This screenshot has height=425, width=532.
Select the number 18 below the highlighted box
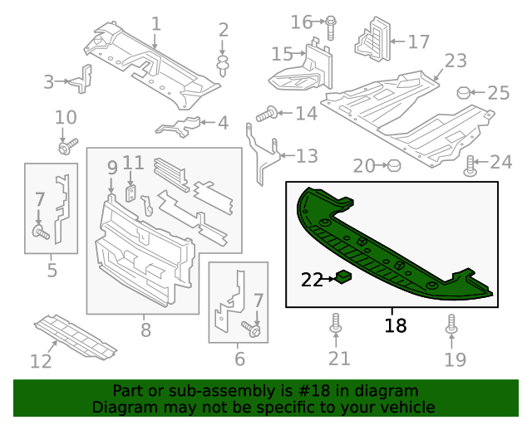tap(396, 325)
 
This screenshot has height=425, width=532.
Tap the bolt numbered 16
tap(330, 26)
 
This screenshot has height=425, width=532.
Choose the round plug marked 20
tap(395, 166)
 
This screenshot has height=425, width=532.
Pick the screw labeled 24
tap(470, 165)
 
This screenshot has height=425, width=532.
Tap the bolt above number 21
tap(336, 324)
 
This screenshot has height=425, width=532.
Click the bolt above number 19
tap(452, 324)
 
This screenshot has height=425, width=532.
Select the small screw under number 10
tap(64, 148)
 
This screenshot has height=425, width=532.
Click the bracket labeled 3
tap(81, 80)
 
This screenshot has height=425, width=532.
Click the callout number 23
tap(456, 61)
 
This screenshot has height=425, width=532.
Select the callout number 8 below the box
tap(145, 330)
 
